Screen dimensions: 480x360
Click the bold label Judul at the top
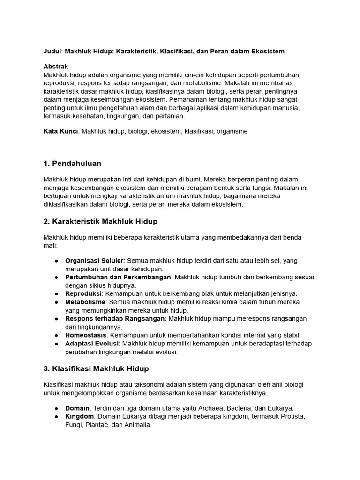coord(52,51)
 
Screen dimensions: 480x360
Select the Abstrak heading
coord(56,67)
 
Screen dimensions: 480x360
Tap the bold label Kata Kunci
coord(60,131)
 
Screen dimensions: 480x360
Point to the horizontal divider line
coord(179,148)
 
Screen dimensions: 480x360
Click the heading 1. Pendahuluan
coord(72,164)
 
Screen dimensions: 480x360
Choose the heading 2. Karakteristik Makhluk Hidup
coord(100,221)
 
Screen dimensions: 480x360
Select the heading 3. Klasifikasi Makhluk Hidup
coord(96,368)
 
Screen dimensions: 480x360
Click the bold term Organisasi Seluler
coord(94,260)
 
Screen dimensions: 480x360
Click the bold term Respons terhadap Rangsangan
coord(115,318)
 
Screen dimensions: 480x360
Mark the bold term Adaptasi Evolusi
coord(91,344)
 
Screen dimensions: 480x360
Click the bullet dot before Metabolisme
coord(56,302)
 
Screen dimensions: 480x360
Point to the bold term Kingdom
coord(80,416)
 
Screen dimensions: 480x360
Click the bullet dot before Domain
coord(56,408)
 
